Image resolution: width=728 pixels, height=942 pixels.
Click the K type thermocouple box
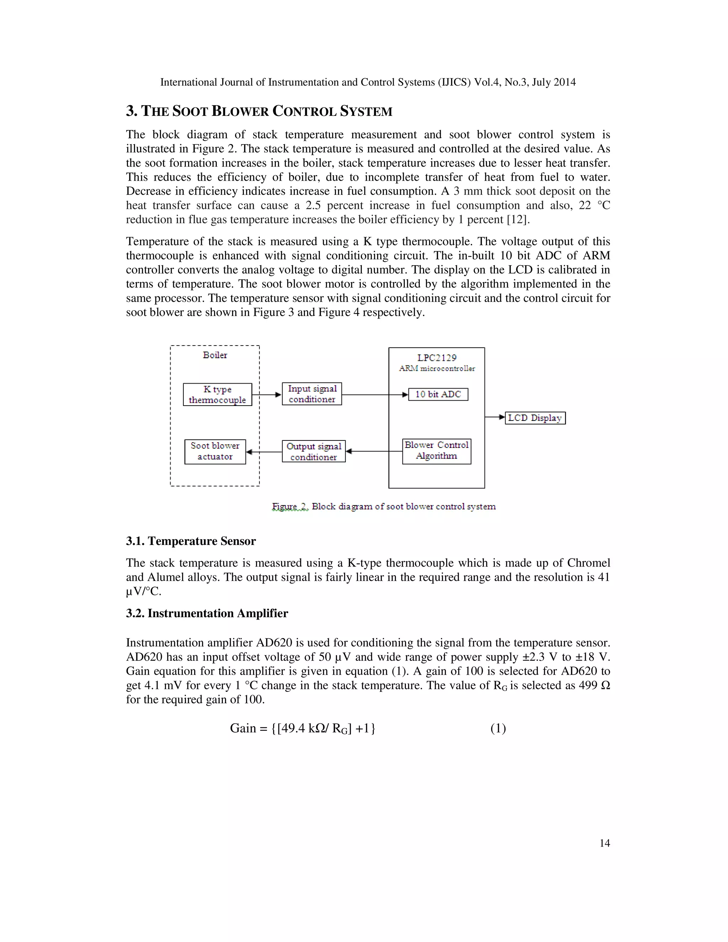point(217,394)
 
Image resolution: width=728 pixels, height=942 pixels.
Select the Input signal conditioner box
point(312,394)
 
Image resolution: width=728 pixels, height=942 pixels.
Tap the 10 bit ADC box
point(438,394)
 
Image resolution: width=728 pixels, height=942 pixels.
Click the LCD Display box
point(535,418)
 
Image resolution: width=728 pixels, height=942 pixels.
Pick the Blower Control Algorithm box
point(437,451)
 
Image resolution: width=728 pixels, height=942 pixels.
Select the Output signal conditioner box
point(314,451)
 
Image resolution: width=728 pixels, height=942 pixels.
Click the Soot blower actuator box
point(215,451)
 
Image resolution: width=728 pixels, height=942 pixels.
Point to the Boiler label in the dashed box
point(215,355)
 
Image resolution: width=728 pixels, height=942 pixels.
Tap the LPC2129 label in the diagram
point(437,358)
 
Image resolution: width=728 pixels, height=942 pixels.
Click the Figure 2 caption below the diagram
point(384,506)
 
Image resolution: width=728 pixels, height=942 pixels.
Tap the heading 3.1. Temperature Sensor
point(191,541)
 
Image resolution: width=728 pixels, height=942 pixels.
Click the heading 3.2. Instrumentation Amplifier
point(207,613)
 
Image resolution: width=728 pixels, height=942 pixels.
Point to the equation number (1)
point(498,728)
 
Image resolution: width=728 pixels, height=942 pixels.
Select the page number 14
point(604,843)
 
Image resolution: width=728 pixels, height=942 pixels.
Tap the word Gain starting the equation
point(243,728)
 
